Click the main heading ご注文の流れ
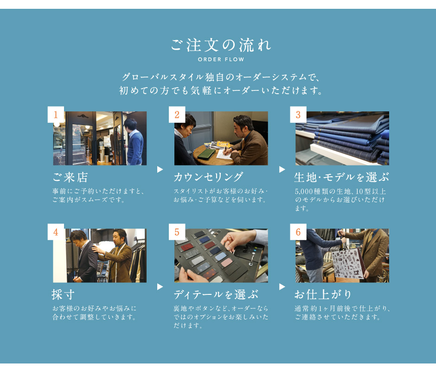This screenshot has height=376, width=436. (x=221, y=45)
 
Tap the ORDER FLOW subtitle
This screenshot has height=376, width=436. (x=221, y=59)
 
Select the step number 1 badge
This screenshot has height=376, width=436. (x=56, y=115)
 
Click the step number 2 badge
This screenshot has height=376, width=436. (x=177, y=115)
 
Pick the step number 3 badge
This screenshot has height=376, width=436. (x=298, y=115)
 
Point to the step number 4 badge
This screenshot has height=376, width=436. (x=56, y=232)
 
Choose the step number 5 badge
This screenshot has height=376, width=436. (x=177, y=232)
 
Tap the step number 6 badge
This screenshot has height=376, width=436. (x=298, y=232)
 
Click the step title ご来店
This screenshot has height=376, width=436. (x=71, y=178)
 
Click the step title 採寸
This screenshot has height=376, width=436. (x=63, y=294)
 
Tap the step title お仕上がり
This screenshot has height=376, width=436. (x=323, y=294)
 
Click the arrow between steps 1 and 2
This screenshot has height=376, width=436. (x=160, y=169)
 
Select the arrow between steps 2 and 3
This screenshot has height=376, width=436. (x=282, y=169)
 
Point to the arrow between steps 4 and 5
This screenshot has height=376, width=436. (x=160, y=287)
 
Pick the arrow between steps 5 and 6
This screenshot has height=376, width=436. (x=282, y=287)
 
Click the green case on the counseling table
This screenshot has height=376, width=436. (x=206, y=153)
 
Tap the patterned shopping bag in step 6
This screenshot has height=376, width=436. (x=347, y=263)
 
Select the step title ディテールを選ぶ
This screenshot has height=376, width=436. (x=216, y=294)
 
